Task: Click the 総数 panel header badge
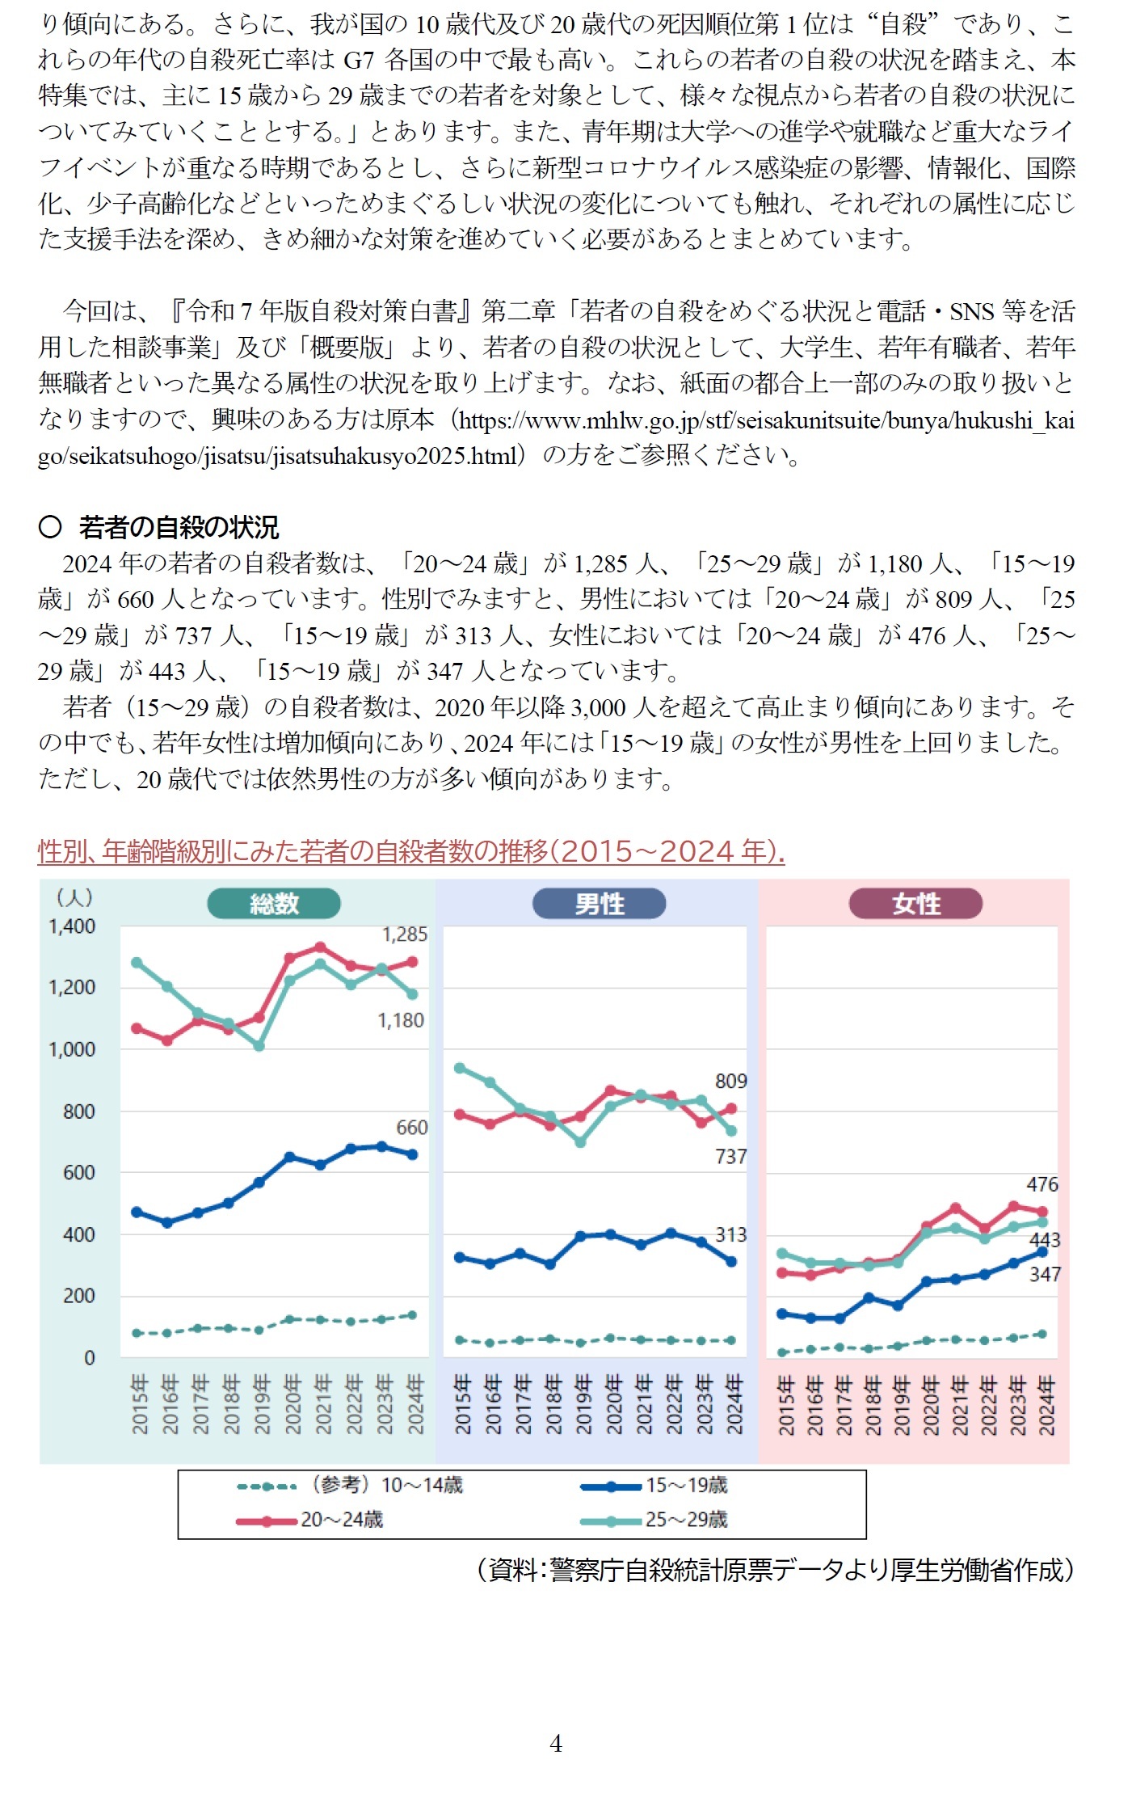[x=274, y=903]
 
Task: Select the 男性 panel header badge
[x=599, y=903]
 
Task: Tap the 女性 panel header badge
[x=915, y=903]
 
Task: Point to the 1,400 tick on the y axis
[x=72, y=926]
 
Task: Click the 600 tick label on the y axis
[x=78, y=1173]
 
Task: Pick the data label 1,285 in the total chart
[x=404, y=934]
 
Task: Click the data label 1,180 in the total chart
[x=401, y=1020]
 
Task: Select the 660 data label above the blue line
[x=411, y=1128]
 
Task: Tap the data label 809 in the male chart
[x=730, y=1081]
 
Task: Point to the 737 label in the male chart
[x=730, y=1157]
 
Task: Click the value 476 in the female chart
[x=1042, y=1184]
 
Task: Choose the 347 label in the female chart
[x=1044, y=1274]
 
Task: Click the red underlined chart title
[x=411, y=851]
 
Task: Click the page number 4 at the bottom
[x=556, y=1744]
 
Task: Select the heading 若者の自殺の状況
[x=179, y=527]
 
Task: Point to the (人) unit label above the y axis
[x=74, y=896]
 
